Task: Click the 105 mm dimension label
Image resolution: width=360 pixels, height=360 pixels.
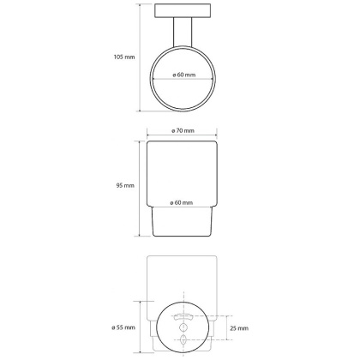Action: tap(124, 57)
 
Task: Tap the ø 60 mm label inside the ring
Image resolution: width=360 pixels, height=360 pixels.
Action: tap(184, 75)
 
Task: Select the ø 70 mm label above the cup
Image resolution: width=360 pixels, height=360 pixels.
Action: tap(183, 131)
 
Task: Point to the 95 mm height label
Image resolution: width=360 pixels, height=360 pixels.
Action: tap(125, 186)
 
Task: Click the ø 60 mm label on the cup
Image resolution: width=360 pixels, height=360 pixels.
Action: tap(182, 203)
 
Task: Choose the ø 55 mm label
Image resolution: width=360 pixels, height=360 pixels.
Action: tap(123, 327)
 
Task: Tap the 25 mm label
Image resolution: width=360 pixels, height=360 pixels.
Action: tap(239, 328)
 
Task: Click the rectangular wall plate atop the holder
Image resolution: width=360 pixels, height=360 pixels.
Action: tap(183, 10)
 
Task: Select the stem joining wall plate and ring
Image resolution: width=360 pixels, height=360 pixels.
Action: tap(183, 32)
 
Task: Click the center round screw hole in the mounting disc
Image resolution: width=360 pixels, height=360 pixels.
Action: tap(183, 327)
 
